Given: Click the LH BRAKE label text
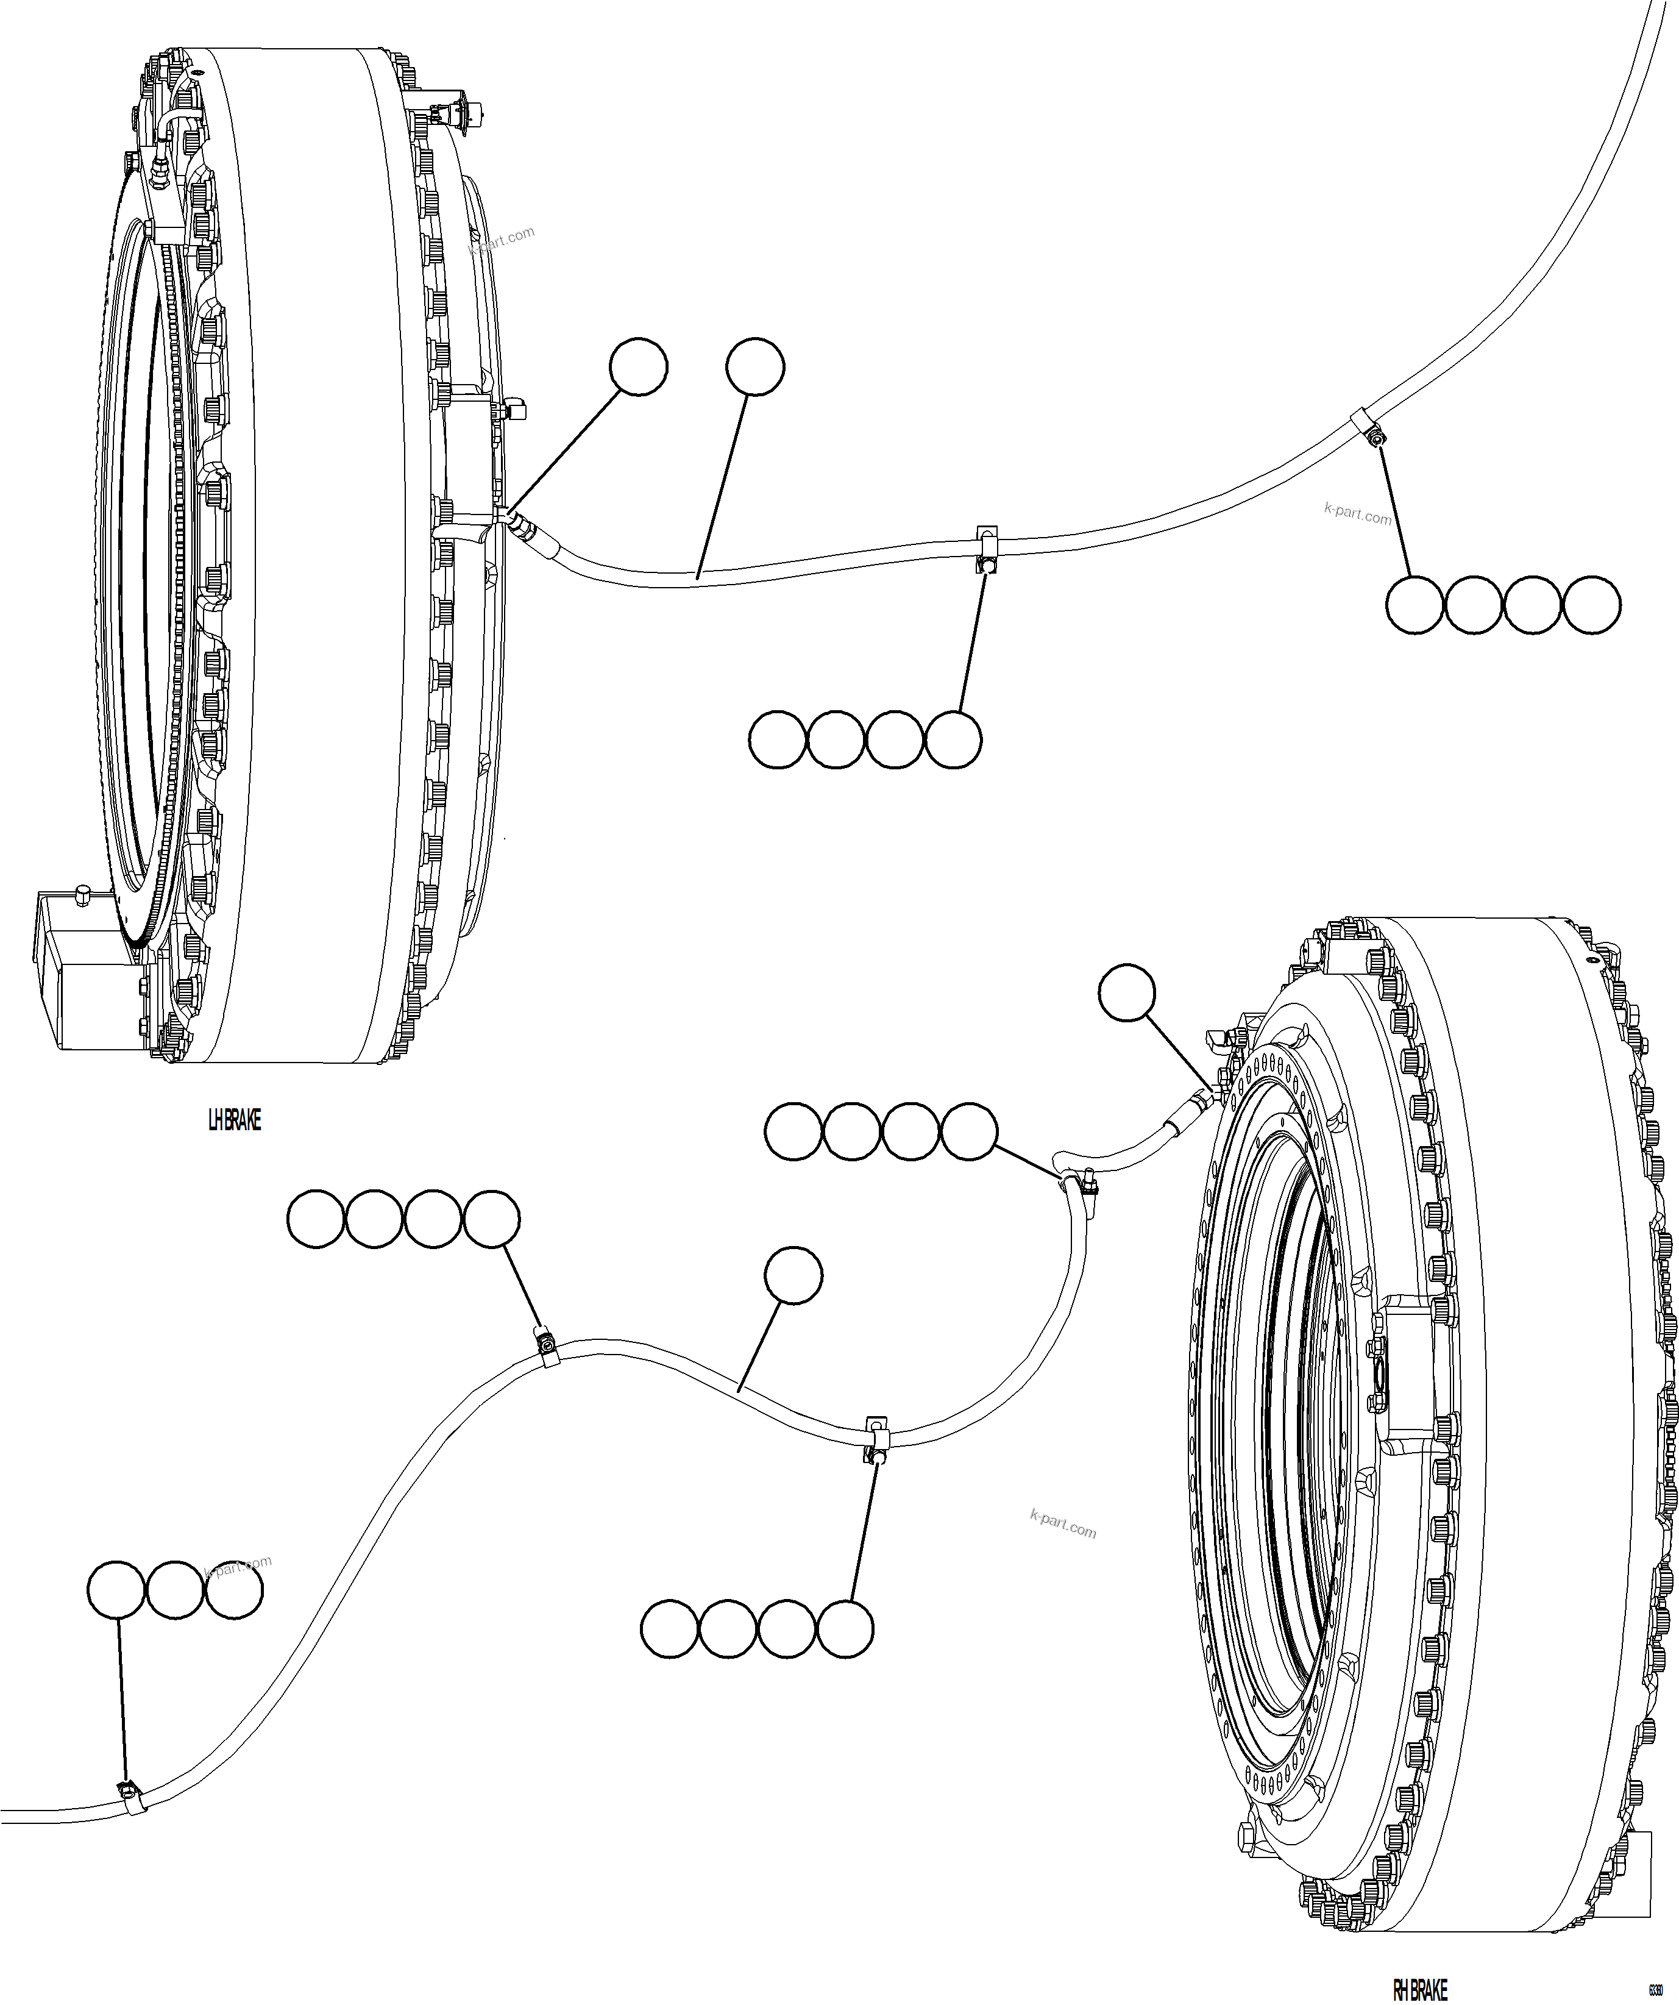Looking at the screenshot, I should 234,1120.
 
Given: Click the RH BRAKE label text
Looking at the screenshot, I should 1419,1988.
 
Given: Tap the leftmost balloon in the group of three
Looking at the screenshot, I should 116,1590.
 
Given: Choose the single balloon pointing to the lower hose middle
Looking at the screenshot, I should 792,1275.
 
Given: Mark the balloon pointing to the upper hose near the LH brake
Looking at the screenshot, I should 755,366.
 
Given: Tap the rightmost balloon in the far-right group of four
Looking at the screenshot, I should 1591,604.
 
